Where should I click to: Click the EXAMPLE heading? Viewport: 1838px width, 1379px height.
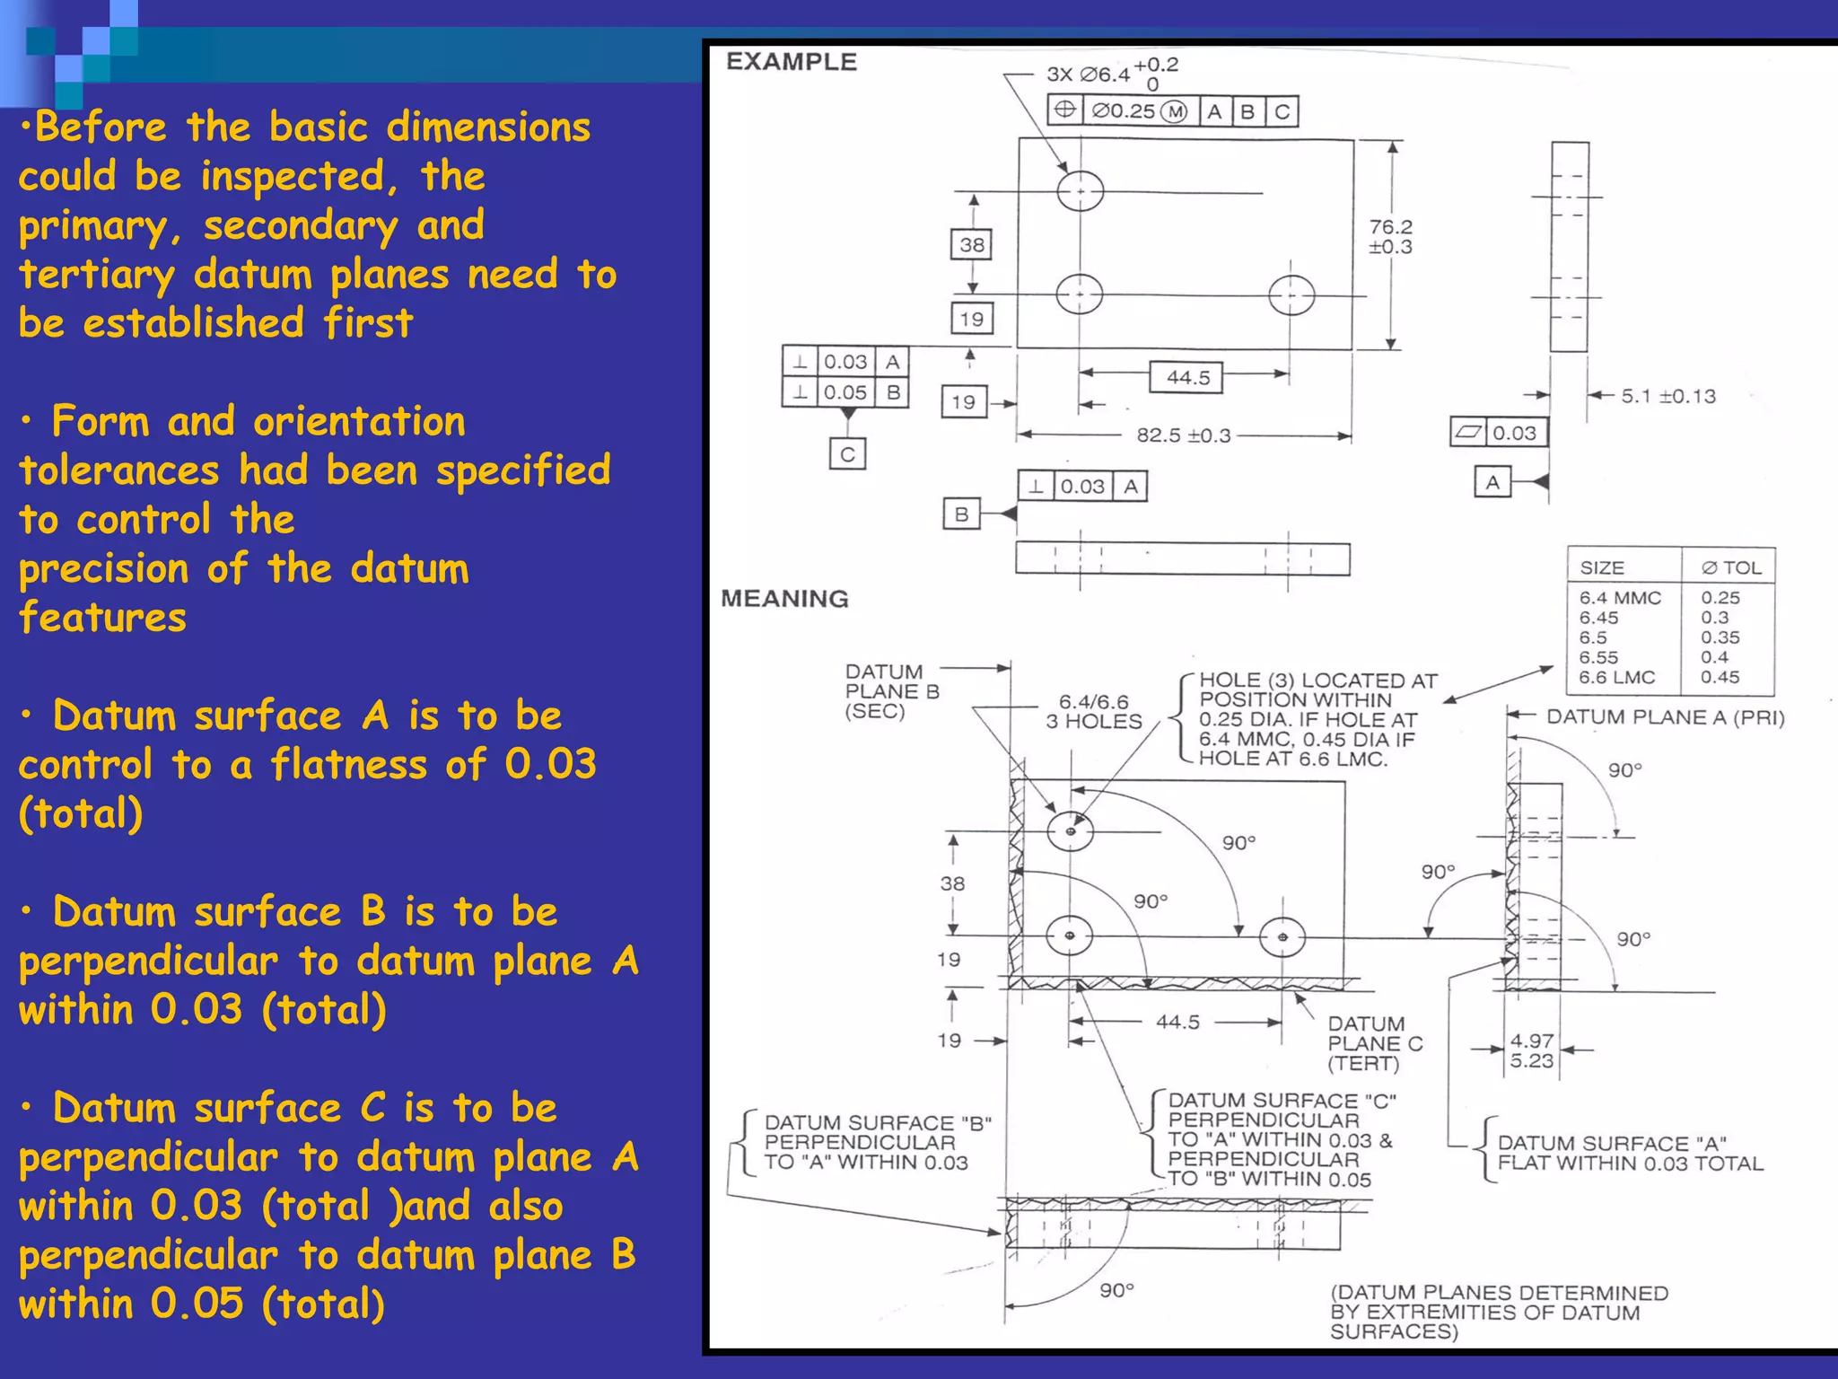[x=791, y=62]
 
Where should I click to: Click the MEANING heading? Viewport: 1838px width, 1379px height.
[x=784, y=599]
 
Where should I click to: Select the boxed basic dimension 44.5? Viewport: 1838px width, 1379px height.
[x=1186, y=378]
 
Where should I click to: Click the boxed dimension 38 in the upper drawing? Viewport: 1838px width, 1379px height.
[x=971, y=245]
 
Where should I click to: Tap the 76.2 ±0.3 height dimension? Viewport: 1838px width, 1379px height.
[x=1390, y=237]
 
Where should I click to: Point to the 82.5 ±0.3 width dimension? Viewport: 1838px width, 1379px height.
[x=1183, y=435]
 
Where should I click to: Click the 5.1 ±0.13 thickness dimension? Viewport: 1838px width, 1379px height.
[x=1667, y=396]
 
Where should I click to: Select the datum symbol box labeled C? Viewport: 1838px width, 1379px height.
[x=847, y=454]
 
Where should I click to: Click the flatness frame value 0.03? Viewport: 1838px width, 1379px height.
[x=1514, y=433]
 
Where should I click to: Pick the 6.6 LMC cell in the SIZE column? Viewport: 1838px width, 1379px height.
[x=1616, y=678]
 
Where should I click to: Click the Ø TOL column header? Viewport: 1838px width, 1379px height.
[x=1731, y=567]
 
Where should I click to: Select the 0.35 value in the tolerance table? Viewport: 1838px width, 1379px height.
[x=1720, y=637]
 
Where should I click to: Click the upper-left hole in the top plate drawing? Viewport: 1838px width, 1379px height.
[x=1080, y=191]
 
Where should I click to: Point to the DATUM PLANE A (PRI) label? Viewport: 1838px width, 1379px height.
[x=1665, y=717]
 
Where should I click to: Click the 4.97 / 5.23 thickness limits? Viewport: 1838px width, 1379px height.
[x=1531, y=1050]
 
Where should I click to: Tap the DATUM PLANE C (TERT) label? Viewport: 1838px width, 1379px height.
[x=1375, y=1043]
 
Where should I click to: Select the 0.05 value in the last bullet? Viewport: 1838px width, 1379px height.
[x=197, y=1304]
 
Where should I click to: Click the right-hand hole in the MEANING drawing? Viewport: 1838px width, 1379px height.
[x=1282, y=937]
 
